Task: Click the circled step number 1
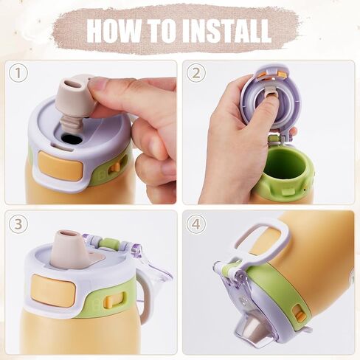[x=18, y=73]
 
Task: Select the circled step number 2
[x=195, y=73]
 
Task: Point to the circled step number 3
[x=18, y=224]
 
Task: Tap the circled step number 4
[x=195, y=224]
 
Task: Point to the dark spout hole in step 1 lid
[x=72, y=139]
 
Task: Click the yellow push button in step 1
[x=60, y=165]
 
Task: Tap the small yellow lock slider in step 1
[x=114, y=167]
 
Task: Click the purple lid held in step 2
[x=271, y=98]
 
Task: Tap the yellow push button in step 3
[x=53, y=290]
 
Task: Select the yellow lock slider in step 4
[x=299, y=314]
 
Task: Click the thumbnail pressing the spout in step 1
[x=97, y=85]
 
